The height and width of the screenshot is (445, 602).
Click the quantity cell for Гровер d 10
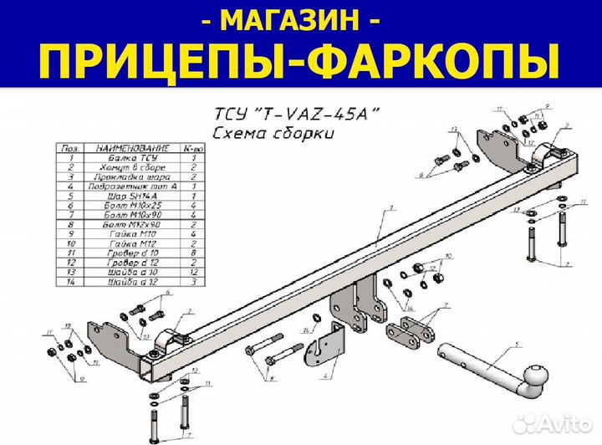(x=193, y=252)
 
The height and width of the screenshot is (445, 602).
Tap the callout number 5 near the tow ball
(x=518, y=345)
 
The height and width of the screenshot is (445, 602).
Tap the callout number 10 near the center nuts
(x=449, y=256)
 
